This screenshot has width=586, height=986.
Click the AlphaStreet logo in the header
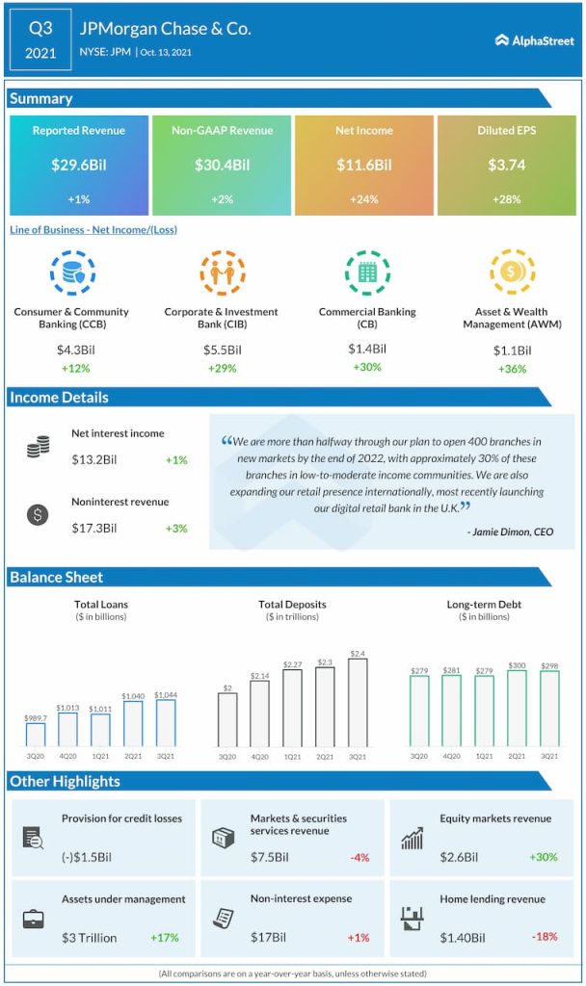tap(534, 40)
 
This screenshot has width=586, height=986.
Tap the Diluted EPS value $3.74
tap(507, 165)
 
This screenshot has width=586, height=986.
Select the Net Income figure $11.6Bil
tap(364, 165)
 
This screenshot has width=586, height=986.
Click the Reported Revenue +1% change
tap(79, 199)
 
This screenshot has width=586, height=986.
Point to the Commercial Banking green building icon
tap(366, 273)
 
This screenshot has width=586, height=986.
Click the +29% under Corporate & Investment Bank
tap(221, 369)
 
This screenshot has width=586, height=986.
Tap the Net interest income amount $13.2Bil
tap(94, 459)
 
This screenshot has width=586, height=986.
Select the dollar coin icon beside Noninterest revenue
tap(38, 514)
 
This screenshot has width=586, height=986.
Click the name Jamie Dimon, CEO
tap(510, 532)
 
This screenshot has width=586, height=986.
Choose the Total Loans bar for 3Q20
tap(35, 735)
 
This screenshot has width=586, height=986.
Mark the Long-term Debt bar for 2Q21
tap(517, 709)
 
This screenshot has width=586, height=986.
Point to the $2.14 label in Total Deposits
tap(259, 677)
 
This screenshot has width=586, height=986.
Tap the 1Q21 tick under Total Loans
tap(100, 757)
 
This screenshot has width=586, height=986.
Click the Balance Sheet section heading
tap(57, 577)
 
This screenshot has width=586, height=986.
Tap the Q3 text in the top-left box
tap(40, 28)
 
